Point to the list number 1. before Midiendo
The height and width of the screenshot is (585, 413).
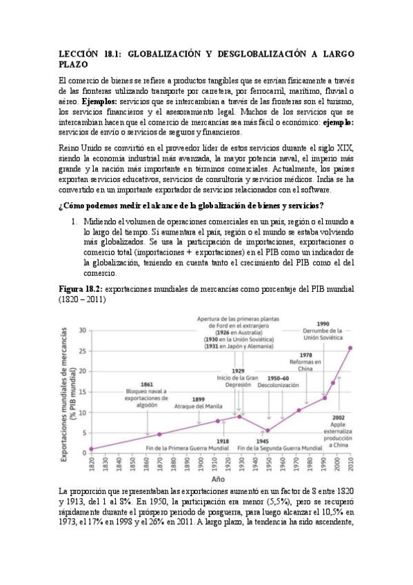75,221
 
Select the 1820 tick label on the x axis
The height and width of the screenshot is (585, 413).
91,463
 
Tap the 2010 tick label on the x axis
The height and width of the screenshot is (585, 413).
350,463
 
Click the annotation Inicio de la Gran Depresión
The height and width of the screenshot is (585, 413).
238,379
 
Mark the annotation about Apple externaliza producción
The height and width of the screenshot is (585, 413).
339,431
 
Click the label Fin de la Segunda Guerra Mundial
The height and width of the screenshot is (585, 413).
283,448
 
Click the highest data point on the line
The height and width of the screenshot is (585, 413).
350,348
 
